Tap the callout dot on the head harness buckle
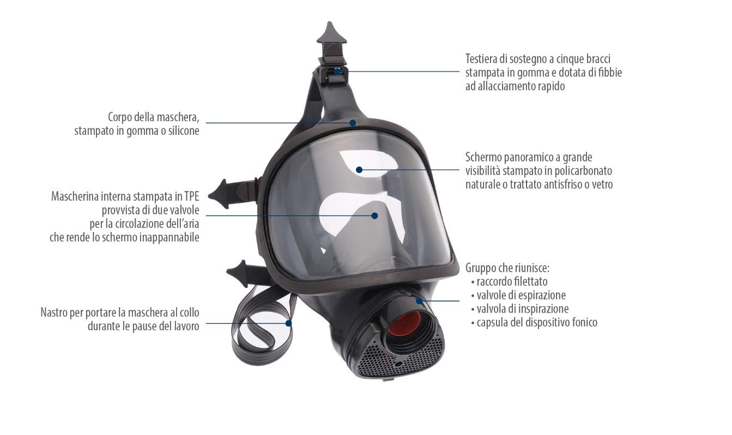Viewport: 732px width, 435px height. tap(337, 71)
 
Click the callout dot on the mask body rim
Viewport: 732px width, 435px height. tap(353, 122)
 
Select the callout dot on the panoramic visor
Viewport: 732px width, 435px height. tap(359, 169)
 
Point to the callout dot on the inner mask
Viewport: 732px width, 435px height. tap(374, 216)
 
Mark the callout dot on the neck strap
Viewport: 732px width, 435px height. tap(288, 323)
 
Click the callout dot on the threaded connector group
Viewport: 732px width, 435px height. tap(419, 300)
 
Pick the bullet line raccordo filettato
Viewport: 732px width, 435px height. tap(511, 282)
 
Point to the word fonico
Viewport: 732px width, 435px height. tap(582, 323)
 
